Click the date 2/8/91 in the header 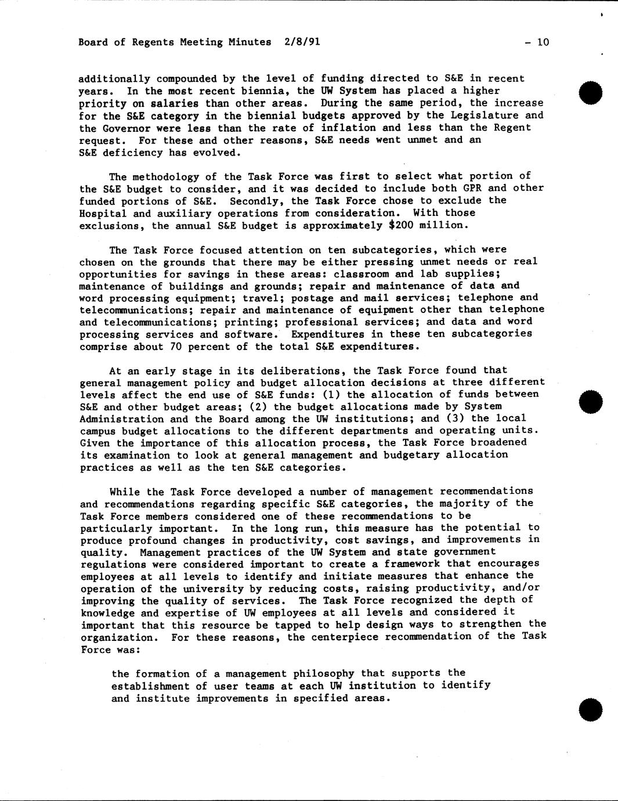[302, 42]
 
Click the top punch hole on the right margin [591, 93]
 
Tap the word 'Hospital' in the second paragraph [102, 213]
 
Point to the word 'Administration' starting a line [120, 419]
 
